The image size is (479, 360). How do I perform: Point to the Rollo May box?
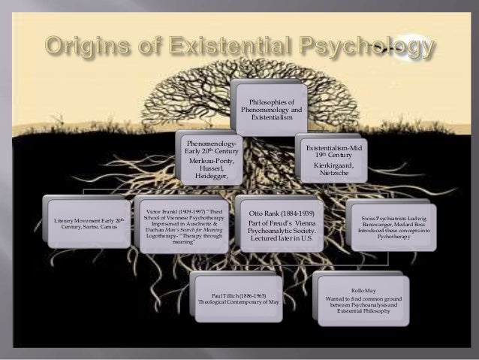coord(363,301)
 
